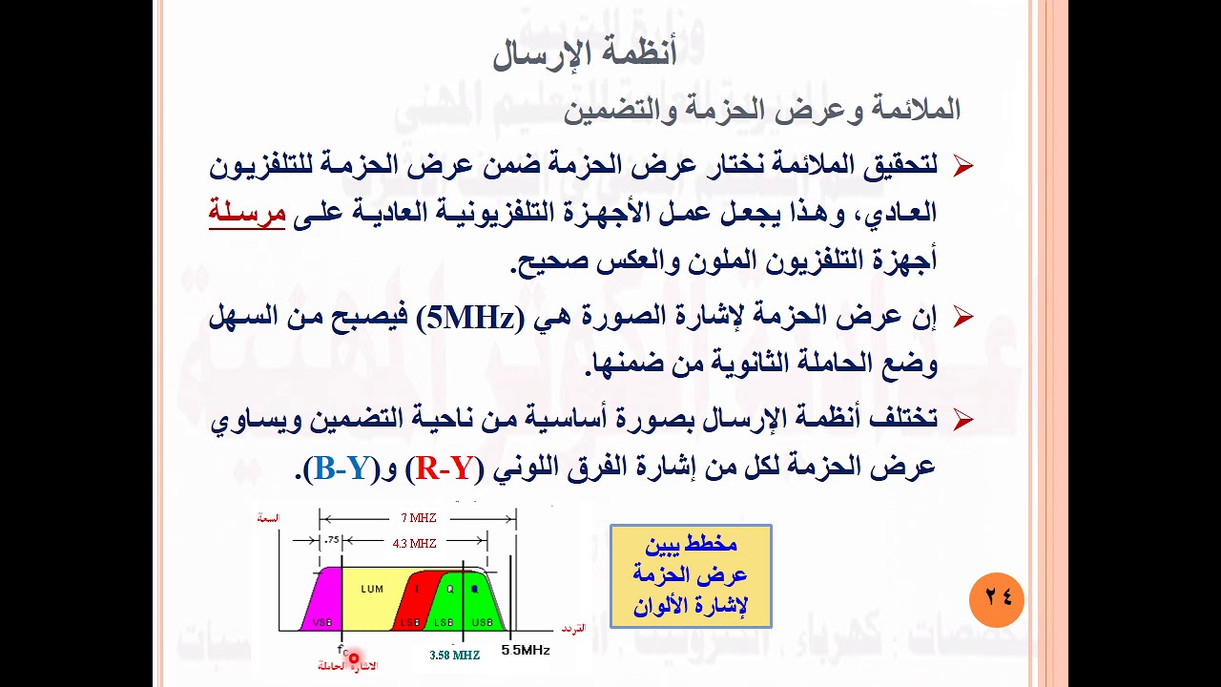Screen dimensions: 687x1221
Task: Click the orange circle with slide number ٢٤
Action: (996, 599)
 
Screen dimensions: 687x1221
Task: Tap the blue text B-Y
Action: (341, 468)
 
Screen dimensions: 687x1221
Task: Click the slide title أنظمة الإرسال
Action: (584, 53)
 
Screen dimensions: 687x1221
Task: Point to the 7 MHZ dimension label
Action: (418, 518)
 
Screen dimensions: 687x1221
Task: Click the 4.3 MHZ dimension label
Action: (414, 543)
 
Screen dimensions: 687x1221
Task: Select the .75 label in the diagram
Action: (331, 540)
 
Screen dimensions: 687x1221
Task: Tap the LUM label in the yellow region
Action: (372, 589)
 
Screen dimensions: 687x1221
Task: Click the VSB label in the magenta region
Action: (321, 622)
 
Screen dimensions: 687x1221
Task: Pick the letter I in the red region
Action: (417, 589)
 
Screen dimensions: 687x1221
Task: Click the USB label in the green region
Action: (482, 622)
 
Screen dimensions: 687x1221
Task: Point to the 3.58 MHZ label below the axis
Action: (454, 656)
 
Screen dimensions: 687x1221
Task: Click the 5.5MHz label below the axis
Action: (526, 650)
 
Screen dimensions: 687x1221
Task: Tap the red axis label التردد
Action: (572, 629)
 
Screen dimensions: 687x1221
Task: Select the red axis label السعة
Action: (268, 518)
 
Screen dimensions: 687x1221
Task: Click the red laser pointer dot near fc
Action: (354, 657)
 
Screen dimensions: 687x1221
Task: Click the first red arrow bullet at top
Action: (962, 167)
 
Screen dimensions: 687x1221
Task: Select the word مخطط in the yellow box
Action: (712, 544)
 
